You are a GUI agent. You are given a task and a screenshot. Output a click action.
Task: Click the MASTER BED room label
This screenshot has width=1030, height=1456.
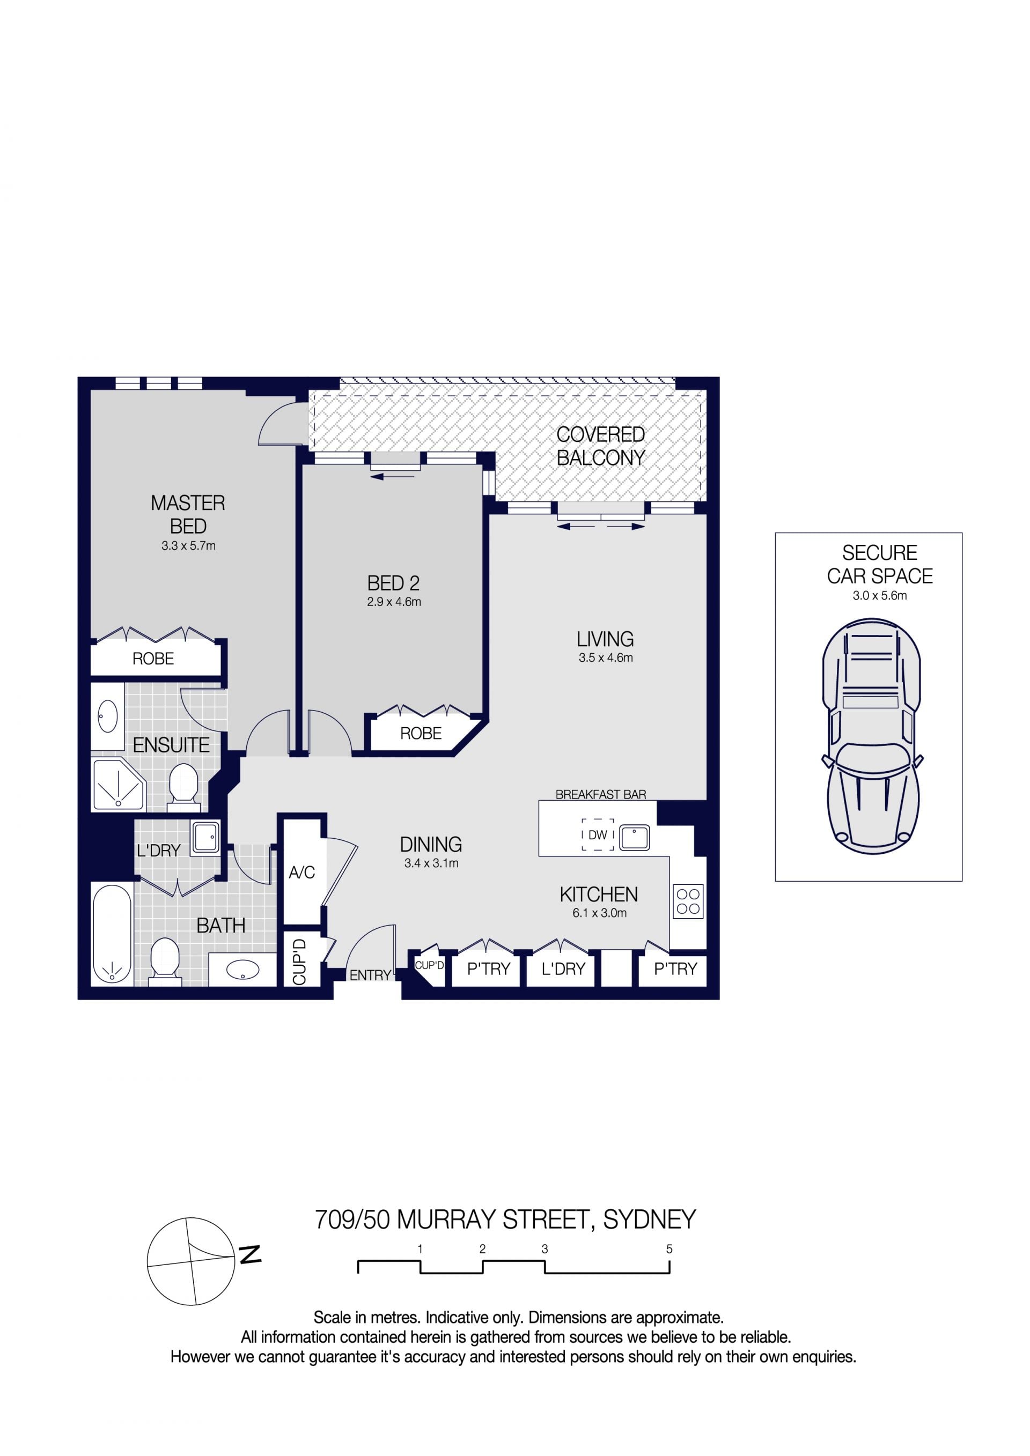188,514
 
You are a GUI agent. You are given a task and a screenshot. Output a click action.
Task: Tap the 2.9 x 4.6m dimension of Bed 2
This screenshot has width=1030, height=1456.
394,602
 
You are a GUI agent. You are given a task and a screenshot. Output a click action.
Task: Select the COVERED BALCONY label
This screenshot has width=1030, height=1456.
601,446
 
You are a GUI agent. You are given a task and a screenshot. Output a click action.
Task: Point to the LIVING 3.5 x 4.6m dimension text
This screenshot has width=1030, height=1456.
606,657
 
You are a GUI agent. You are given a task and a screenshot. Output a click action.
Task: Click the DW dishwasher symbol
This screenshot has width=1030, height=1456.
598,834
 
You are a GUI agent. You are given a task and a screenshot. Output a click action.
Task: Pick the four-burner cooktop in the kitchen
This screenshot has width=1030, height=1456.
688,901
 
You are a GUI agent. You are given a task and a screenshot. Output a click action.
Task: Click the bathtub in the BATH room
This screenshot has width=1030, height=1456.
112,934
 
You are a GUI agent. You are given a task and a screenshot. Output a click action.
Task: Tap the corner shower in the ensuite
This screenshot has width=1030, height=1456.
119,785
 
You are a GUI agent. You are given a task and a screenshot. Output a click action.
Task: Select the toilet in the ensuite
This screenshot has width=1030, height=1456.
184,787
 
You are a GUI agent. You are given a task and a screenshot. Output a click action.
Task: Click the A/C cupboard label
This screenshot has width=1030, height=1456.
302,873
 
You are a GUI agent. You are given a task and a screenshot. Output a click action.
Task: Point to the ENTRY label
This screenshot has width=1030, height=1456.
370,975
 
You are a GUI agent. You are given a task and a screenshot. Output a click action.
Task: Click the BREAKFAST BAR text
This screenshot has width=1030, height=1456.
601,795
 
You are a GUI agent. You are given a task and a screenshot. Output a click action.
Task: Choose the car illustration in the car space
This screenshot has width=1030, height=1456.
872,736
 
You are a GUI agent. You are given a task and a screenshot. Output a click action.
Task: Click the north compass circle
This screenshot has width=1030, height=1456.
191,1261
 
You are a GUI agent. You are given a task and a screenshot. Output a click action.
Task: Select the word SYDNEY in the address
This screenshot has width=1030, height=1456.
650,1220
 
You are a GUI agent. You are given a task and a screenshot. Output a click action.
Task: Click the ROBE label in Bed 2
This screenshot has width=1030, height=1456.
421,733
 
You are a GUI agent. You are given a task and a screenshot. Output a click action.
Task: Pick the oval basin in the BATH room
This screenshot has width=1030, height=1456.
243,970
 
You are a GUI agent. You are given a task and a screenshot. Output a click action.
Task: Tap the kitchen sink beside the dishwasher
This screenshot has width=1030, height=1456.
634,837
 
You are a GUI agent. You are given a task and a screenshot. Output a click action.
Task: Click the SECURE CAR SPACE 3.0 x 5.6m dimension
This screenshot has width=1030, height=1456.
880,595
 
